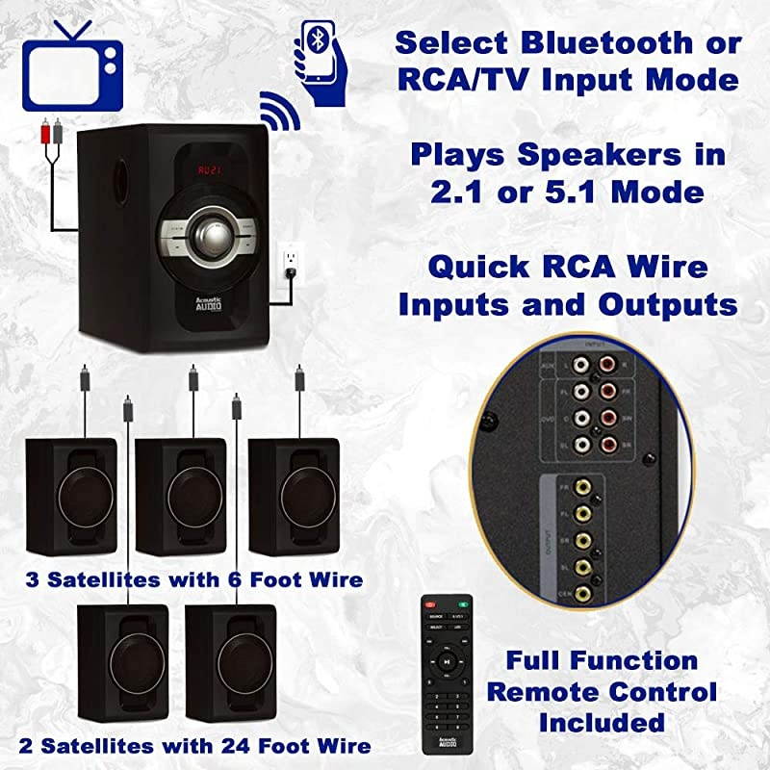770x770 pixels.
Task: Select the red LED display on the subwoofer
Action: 209,170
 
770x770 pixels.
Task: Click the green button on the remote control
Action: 462,605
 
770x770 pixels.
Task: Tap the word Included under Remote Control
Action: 602,722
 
